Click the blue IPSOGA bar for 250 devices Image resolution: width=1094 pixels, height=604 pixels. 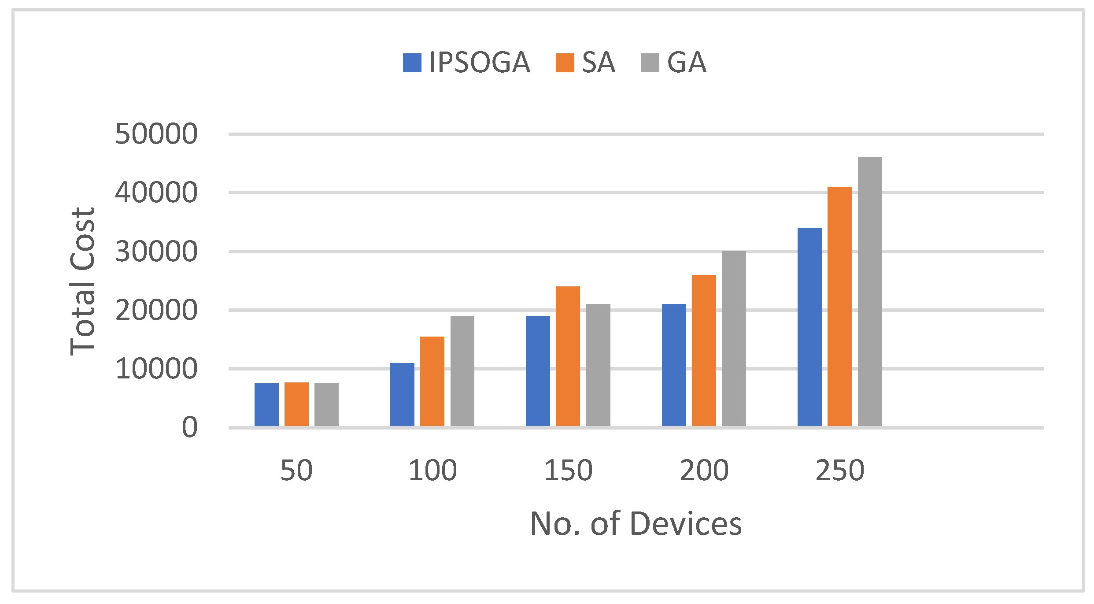coord(809,327)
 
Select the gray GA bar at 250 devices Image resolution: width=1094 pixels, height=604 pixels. coord(870,292)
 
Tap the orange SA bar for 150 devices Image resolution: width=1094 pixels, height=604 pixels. coord(568,356)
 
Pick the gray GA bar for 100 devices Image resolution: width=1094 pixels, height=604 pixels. coord(462,371)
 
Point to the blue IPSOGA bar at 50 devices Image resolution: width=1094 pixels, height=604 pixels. coord(266,404)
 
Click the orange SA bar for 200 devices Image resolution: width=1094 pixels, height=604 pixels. coord(704,350)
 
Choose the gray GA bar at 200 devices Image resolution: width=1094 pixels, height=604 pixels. coord(734,338)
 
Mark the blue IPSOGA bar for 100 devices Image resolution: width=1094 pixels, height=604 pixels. coord(402,394)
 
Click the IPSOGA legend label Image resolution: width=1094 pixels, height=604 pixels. coord(479,62)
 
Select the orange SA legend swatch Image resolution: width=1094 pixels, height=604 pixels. coord(565,63)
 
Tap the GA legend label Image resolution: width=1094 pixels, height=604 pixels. coord(687,62)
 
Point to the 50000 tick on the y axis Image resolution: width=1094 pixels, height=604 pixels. coord(156,134)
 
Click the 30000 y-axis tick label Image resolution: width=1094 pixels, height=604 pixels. coord(156,252)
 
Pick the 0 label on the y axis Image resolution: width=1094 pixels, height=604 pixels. coord(189,427)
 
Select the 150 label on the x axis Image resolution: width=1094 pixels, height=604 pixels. coord(568,471)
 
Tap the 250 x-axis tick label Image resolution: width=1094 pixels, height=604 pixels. coord(840,471)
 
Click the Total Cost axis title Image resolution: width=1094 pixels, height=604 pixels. coord(83,281)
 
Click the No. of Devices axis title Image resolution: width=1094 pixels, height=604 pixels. coord(636,524)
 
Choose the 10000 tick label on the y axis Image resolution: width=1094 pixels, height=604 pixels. coord(156,369)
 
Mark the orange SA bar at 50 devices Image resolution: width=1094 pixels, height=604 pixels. coord(296,404)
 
